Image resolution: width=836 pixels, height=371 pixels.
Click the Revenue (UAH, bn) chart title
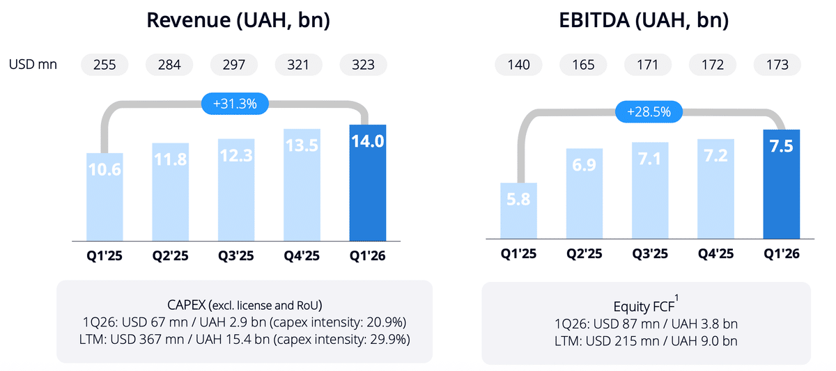pos(238,20)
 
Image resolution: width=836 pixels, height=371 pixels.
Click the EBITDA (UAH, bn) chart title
pos(644,20)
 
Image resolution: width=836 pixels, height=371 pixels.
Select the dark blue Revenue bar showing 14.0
pos(368,182)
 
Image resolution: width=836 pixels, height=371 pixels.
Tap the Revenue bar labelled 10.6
pos(104,197)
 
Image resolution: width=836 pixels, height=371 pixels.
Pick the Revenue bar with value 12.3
pos(236,190)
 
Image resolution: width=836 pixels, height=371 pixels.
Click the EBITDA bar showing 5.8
pos(518,211)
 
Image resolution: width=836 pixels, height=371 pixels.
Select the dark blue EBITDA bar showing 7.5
pos(782,184)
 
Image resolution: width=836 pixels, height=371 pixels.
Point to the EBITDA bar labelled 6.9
pos(584,194)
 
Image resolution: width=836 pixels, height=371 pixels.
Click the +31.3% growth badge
pos(235,104)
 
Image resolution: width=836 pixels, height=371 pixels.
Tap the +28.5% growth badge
pos(649,112)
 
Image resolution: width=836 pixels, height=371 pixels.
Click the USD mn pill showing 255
pos(104,65)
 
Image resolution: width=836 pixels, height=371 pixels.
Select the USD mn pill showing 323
pos(363,65)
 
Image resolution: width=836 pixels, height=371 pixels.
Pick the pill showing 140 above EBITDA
pos(518,65)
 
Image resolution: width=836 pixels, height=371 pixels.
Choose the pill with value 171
pos(647,65)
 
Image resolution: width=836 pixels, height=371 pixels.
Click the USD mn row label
pos(33,65)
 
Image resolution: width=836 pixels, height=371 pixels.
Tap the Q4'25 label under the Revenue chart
pos(302,255)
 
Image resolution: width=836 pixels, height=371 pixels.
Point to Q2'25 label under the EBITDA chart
pos(584,254)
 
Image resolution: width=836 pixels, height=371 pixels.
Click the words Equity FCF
pos(644,306)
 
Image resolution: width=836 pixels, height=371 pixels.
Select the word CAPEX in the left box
pos(186,305)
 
